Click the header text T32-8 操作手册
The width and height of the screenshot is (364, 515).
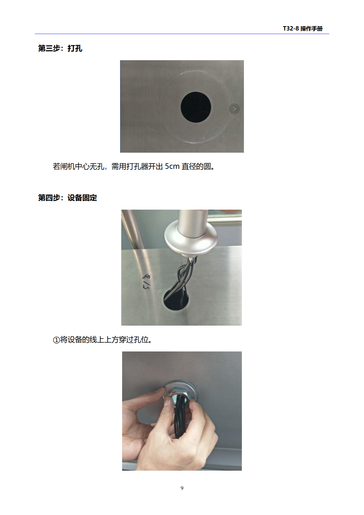click(303, 28)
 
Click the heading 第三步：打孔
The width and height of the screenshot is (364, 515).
click(60, 48)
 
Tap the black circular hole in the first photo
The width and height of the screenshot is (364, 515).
click(196, 107)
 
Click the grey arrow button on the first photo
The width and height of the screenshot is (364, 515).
click(234, 109)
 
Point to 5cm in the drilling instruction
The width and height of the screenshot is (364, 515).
click(172, 166)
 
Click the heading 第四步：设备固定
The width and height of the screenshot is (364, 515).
click(68, 198)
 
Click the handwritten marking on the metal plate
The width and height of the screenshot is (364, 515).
click(146, 282)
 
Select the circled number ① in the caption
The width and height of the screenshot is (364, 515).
click(56, 340)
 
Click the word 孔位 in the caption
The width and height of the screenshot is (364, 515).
click(141, 340)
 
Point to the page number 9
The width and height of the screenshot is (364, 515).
click(182, 488)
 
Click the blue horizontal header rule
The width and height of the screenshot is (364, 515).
click(182, 34)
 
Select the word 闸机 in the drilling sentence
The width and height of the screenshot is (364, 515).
click(68, 166)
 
